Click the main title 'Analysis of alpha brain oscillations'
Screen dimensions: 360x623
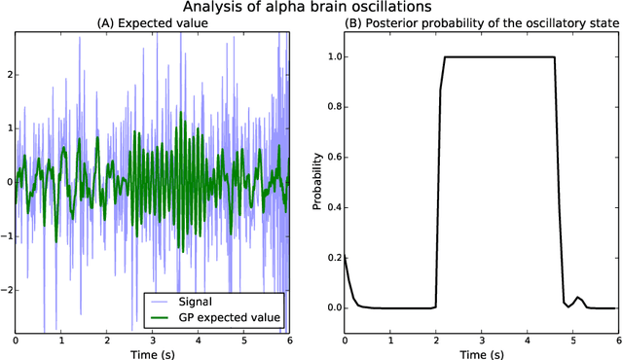click(311, 9)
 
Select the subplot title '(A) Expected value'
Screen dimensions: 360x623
click(153, 25)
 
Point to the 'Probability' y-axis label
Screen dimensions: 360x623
click(317, 182)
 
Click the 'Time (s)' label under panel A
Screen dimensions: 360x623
click(153, 354)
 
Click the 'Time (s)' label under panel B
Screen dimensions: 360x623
click(482, 354)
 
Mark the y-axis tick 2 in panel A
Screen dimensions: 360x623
click(8, 74)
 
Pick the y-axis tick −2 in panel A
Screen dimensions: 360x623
click(6, 290)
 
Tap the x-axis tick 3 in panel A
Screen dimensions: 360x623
click(153, 341)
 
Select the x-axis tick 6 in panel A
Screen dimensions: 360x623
click(290, 341)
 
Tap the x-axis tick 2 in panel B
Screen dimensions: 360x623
click(436, 341)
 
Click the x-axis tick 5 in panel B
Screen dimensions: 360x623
click(573, 341)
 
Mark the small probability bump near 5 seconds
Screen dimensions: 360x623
click(578, 298)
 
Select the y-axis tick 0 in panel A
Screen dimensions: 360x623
click(8, 182)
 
